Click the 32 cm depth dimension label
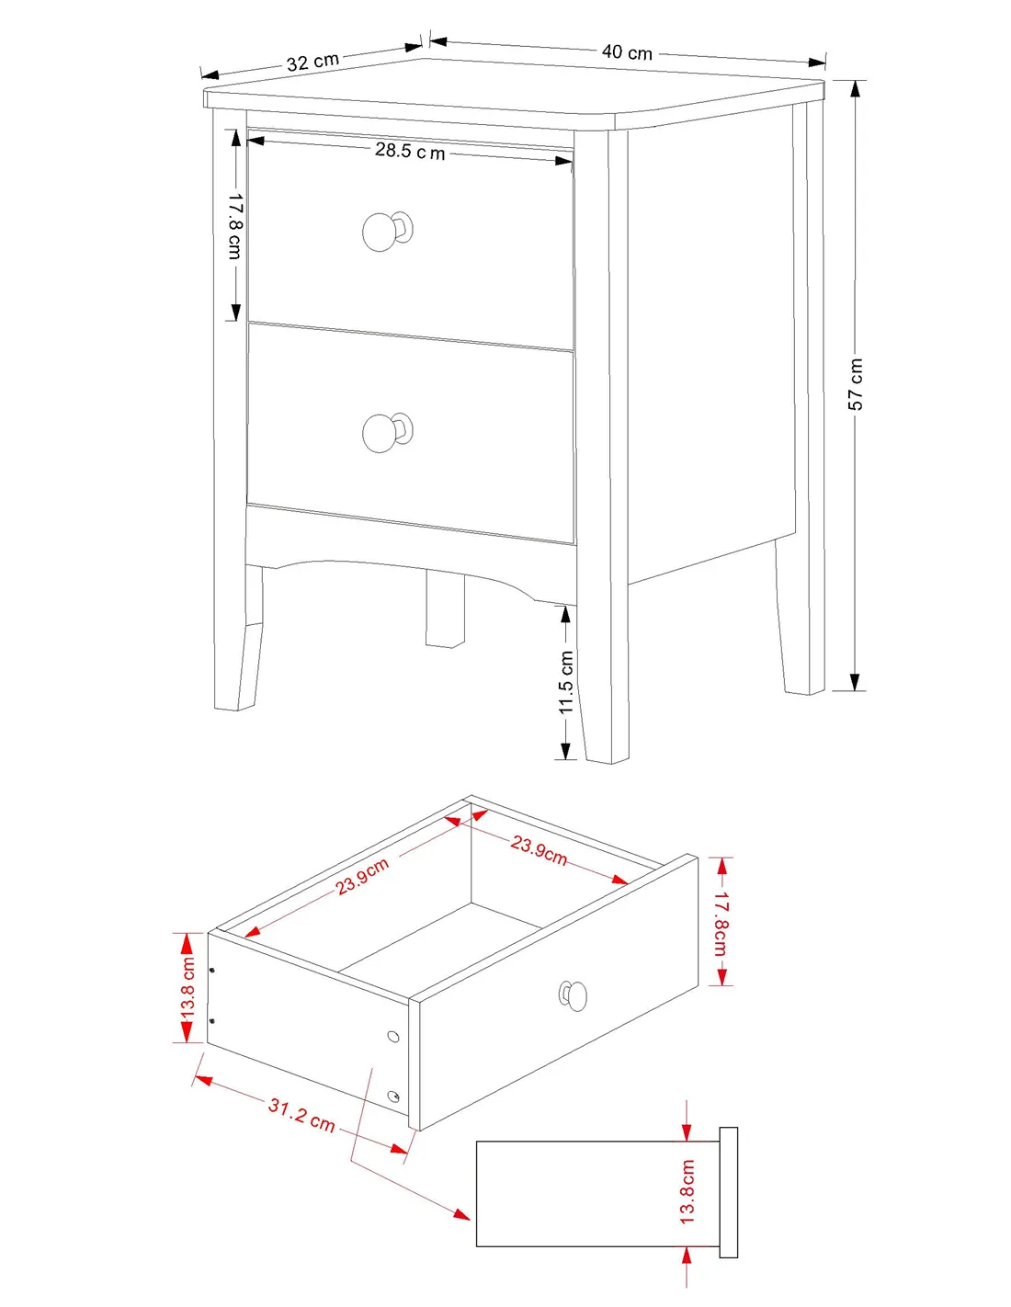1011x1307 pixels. coord(312,62)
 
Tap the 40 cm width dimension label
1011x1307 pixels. coord(627,52)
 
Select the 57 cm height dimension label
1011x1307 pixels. coord(856,384)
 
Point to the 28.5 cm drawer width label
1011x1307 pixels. coord(410,151)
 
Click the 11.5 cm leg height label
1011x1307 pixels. coord(566,682)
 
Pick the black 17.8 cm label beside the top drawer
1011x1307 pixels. coord(234,226)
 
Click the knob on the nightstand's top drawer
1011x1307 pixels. coord(387,231)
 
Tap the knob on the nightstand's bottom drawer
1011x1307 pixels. coord(387,431)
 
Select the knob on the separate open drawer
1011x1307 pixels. coord(572,995)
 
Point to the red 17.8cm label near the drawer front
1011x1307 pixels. coord(721,923)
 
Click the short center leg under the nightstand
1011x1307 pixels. coord(445,608)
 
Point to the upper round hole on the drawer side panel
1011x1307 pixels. coord(392,1037)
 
